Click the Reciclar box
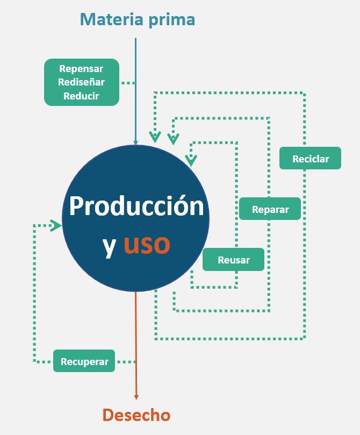coord(310,159)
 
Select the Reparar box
coord(270,209)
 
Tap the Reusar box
coord(233,260)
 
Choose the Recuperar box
coord(84,361)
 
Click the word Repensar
coord(81,69)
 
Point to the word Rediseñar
coord(81,82)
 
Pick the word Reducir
coord(81,96)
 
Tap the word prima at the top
coord(171,20)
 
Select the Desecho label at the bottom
coord(136,415)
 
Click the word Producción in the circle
coord(136,206)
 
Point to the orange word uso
coord(147,244)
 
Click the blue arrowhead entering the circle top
coord(136,143)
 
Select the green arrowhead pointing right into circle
coord(56,226)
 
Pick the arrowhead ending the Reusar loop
coord(191,160)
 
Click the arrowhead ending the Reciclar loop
coord(155,137)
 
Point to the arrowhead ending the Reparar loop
coord(173,140)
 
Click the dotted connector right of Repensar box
coord(127,83)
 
